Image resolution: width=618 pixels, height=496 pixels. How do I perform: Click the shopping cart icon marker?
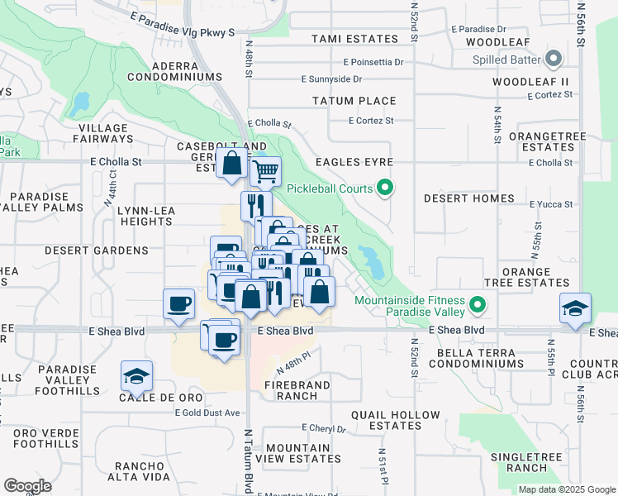(265, 172)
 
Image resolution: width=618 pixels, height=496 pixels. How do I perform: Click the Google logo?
(27, 486)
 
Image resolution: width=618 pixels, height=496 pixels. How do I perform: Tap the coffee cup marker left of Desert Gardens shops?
(178, 303)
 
